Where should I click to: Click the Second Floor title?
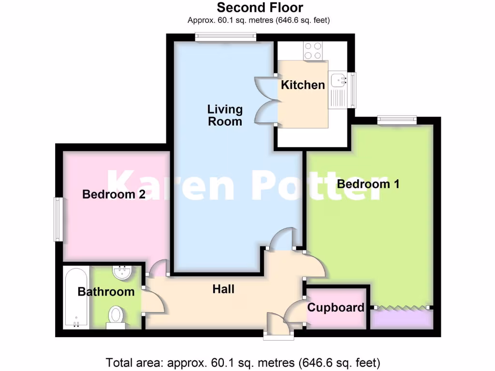[x=260, y=8]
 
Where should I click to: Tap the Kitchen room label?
[x=303, y=85]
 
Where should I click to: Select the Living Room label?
[x=225, y=115]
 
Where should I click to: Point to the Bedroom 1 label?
[x=368, y=184]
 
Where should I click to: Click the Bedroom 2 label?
[x=114, y=194]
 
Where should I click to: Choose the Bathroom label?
[x=106, y=292]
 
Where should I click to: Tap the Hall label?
[x=223, y=289]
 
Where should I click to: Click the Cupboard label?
[x=335, y=308]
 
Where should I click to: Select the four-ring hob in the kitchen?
[x=313, y=51]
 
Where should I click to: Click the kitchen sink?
[x=338, y=78]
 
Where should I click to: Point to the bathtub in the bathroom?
[x=76, y=298]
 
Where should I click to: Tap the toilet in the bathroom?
[x=116, y=316]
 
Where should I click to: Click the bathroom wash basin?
[x=122, y=272]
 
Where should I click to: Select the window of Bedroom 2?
[x=58, y=219]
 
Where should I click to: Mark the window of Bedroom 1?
[x=396, y=119]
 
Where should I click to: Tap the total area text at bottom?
[x=243, y=362]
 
